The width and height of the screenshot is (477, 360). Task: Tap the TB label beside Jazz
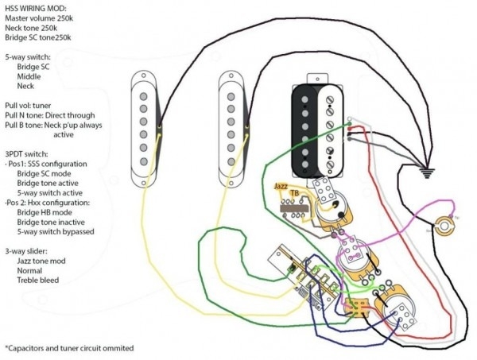(x=295, y=192)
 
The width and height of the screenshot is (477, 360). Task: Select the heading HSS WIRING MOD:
(x=36, y=7)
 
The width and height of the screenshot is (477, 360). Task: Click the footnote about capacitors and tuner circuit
(x=69, y=348)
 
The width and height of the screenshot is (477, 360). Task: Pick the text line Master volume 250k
(x=46, y=18)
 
